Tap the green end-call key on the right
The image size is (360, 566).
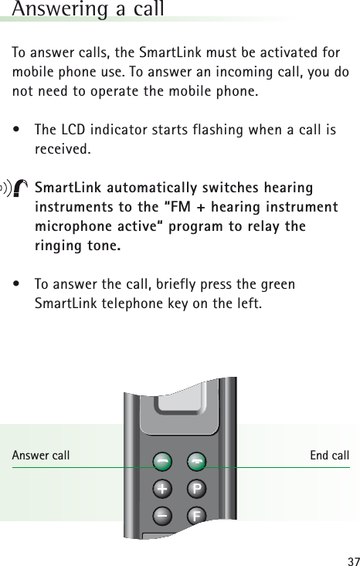(195, 461)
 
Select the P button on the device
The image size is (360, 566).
(195, 489)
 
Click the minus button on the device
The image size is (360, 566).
(162, 513)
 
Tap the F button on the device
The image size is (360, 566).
(195, 513)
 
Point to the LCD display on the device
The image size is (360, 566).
(180, 402)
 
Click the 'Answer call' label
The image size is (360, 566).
(41, 456)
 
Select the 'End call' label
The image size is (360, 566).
(329, 456)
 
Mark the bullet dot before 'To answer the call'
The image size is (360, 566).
(16, 285)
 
